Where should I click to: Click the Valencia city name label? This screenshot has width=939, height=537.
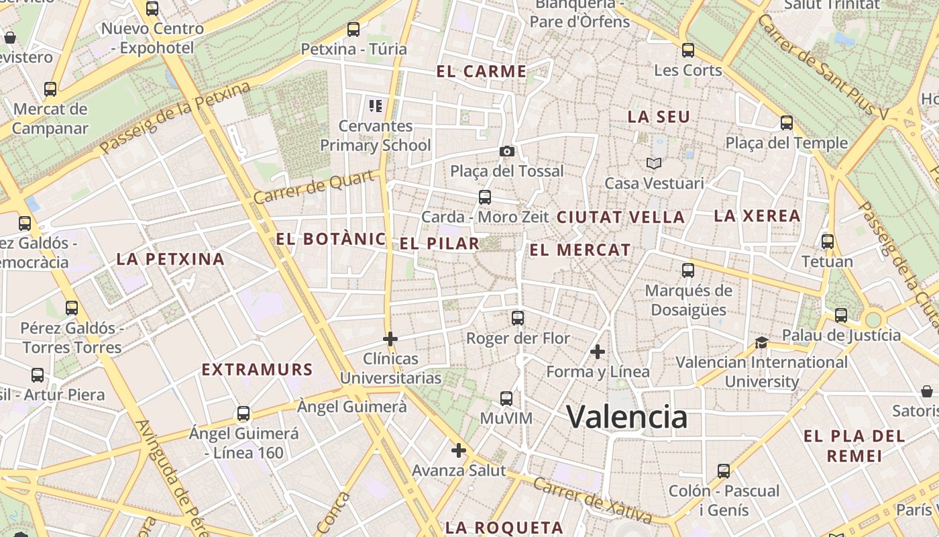pyautogui.click(x=627, y=417)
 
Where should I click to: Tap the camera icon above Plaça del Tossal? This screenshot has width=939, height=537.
pyautogui.click(x=507, y=152)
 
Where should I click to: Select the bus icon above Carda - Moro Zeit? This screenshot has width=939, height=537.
pyautogui.click(x=485, y=197)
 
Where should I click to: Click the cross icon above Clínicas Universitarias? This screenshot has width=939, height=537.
pyautogui.click(x=390, y=339)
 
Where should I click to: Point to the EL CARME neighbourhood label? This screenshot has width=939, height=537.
pyautogui.click(x=481, y=72)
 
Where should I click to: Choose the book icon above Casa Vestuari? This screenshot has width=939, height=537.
pyautogui.click(x=654, y=163)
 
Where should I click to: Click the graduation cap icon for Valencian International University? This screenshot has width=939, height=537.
pyautogui.click(x=761, y=342)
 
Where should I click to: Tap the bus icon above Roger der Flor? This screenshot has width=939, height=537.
pyautogui.click(x=517, y=318)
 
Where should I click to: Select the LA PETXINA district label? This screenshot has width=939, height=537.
pyautogui.click(x=170, y=259)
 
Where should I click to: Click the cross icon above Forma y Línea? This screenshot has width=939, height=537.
pyautogui.click(x=598, y=351)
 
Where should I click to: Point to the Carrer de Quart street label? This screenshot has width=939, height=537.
pyautogui.click(x=314, y=187)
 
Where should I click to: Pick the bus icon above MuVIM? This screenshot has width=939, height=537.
pyautogui.click(x=506, y=399)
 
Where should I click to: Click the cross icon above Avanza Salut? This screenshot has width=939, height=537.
pyautogui.click(x=459, y=450)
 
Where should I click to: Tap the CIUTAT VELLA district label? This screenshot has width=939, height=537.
pyautogui.click(x=620, y=217)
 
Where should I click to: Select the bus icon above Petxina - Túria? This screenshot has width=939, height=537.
pyautogui.click(x=353, y=30)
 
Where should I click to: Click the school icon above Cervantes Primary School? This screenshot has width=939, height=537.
pyautogui.click(x=375, y=105)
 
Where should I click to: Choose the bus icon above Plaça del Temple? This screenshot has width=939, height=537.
pyautogui.click(x=787, y=123)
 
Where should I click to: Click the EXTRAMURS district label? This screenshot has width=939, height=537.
pyautogui.click(x=258, y=370)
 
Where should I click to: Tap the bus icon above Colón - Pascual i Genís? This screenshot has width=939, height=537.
pyautogui.click(x=724, y=471)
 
